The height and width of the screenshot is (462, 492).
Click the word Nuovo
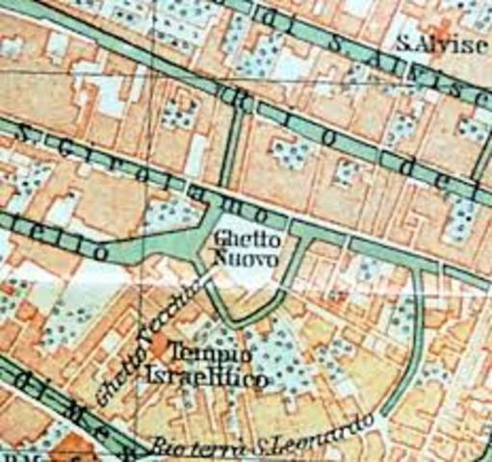[x=246, y=260]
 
